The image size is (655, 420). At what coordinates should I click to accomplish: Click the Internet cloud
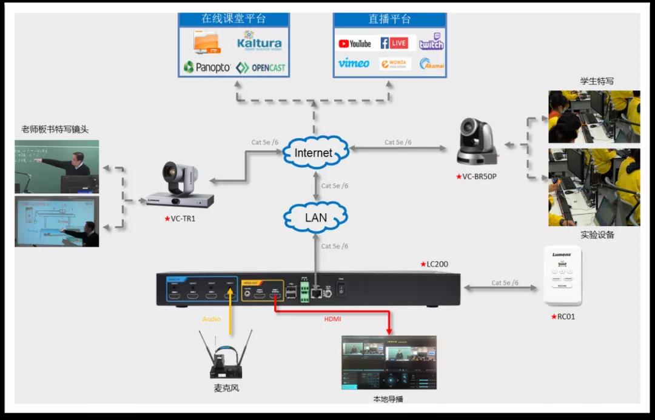click(314, 153)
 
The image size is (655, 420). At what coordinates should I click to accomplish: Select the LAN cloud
click(315, 217)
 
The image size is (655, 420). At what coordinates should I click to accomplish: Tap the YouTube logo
click(355, 44)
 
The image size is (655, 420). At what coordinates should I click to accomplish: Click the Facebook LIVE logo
click(394, 43)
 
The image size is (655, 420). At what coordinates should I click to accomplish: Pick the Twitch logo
click(431, 42)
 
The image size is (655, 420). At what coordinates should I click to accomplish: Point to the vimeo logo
click(354, 63)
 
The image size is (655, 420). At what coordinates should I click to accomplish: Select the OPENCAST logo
click(261, 67)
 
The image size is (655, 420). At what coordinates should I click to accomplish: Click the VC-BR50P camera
click(477, 142)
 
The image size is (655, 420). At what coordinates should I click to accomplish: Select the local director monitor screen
click(389, 362)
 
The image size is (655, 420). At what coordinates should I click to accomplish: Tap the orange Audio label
click(212, 318)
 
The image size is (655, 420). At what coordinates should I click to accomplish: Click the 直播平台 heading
click(389, 19)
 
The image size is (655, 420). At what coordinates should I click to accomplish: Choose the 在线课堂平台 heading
click(233, 19)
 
